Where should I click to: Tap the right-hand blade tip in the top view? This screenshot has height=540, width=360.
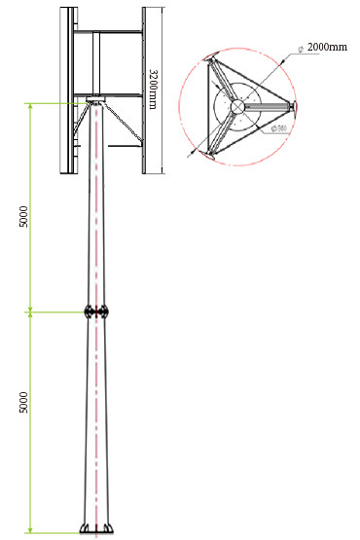click(294, 104)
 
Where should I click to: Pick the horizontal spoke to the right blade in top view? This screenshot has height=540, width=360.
click(268, 105)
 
